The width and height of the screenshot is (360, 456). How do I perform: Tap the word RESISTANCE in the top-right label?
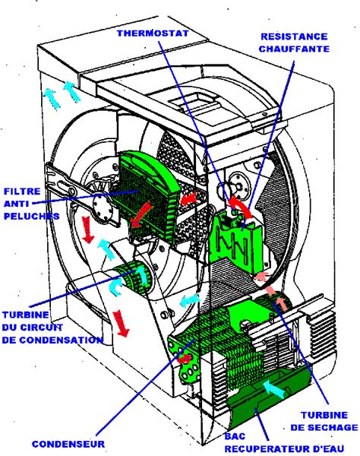click(x=292, y=36)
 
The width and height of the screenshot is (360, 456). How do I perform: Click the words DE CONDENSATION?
click(x=52, y=340)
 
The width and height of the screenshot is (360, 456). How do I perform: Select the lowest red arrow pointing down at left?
click(x=122, y=322)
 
